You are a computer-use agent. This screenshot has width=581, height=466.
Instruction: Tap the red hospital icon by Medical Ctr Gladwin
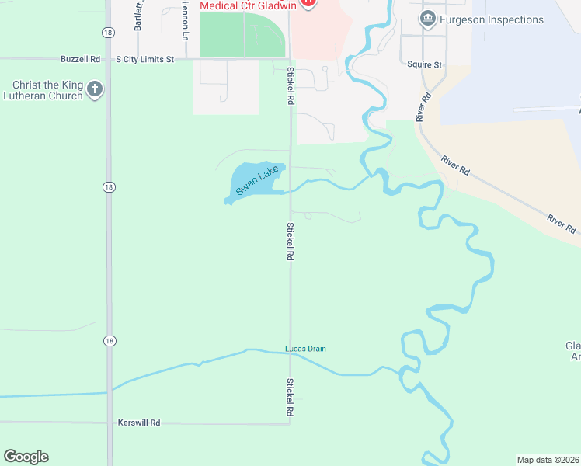[x=308, y=2]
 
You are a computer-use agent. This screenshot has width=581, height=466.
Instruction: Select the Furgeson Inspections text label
[x=492, y=19]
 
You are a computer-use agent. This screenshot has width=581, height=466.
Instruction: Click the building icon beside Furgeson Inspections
[x=427, y=19]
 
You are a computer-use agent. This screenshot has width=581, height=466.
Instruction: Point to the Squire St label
[x=424, y=65]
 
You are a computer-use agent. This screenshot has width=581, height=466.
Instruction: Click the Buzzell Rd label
[x=81, y=59]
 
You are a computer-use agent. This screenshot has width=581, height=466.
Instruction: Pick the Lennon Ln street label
[x=185, y=19]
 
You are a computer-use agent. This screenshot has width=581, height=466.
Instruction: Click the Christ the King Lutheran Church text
[x=47, y=90]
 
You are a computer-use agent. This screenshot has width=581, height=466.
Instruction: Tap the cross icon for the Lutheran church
[x=95, y=90]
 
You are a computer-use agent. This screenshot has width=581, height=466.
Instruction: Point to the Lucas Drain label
[x=305, y=349]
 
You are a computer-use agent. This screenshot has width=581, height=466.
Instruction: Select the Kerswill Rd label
[x=139, y=423]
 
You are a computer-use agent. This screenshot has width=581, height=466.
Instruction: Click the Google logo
[x=26, y=457]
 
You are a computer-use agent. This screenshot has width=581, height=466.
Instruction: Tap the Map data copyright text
[x=548, y=460]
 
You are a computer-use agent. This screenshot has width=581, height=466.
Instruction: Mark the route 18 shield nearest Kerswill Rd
[x=109, y=341]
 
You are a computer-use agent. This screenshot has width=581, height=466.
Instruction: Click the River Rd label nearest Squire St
[x=424, y=108]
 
